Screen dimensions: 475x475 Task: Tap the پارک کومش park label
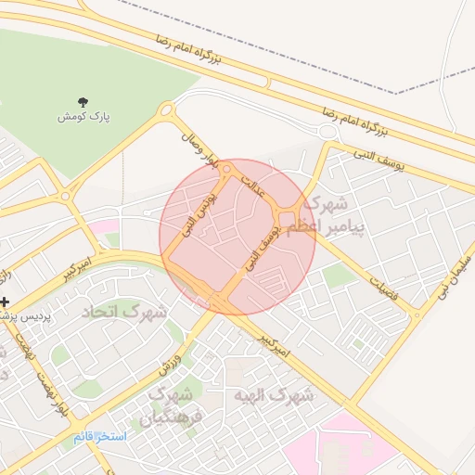tap(84, 117)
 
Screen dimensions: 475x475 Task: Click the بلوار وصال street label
tap(201, 149)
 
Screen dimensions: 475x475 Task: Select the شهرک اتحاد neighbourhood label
tap(126, 311)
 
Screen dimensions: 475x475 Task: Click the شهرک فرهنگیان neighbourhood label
tap(165, 407)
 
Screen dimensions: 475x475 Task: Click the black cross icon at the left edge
tap(6, 302)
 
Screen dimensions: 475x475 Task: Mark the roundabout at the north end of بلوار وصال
tap(167, 111)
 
